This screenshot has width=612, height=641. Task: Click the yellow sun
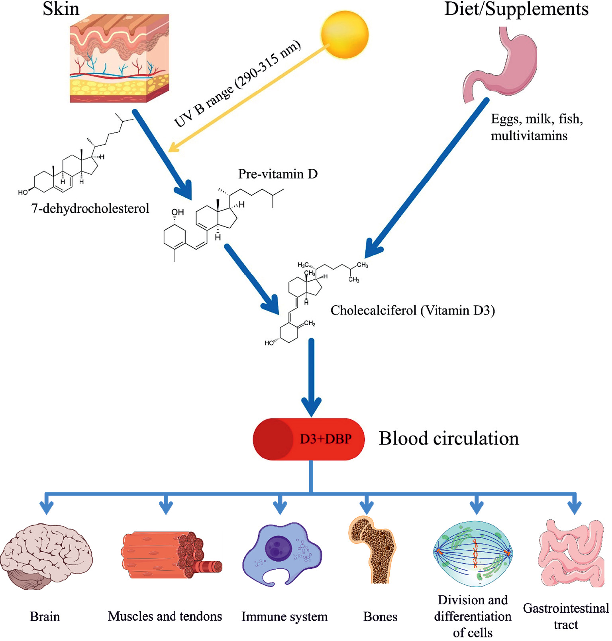(345, 35)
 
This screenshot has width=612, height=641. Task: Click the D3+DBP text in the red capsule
(326, 439)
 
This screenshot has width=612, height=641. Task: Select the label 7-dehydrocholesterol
(90, 208)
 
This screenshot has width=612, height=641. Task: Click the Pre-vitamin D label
(278, 174)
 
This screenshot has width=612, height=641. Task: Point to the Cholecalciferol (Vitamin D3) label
(413, 310)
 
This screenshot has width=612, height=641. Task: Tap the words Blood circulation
(449, 438)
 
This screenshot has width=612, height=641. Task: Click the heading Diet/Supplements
(516, 9)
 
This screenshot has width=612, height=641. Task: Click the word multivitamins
(529, 136)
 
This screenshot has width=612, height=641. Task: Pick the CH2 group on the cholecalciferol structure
(309, 323)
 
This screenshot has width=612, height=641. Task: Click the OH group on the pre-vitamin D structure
(178, 212)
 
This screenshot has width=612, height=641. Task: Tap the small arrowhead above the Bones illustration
(367, 508)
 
